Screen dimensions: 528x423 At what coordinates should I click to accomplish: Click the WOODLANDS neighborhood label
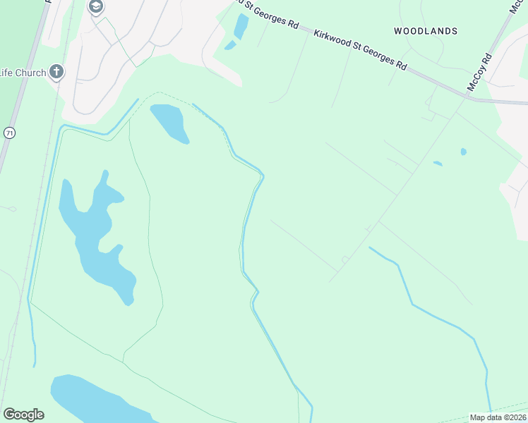(x=426, y=31)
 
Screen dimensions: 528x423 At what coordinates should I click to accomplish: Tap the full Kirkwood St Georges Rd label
(x=361, y=49)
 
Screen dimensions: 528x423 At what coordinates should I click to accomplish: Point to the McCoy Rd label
(x=479, y=73)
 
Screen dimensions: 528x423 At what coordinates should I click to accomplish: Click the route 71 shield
(x=9, y=133)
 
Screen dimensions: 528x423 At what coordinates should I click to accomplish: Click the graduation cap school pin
(x=95, y=7)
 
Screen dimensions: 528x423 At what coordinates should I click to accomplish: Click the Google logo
(x=23, y=415)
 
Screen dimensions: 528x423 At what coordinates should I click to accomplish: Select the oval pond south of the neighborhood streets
(x=169, y=123)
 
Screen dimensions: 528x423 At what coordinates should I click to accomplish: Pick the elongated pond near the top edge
(x=241, y=27)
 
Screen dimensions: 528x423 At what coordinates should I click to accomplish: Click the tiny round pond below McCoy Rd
(x=463, y=152)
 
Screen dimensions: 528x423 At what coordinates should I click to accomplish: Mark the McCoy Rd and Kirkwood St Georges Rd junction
(x=467, y=97)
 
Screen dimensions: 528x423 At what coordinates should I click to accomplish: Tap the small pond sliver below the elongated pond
(x=230, y=46)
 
